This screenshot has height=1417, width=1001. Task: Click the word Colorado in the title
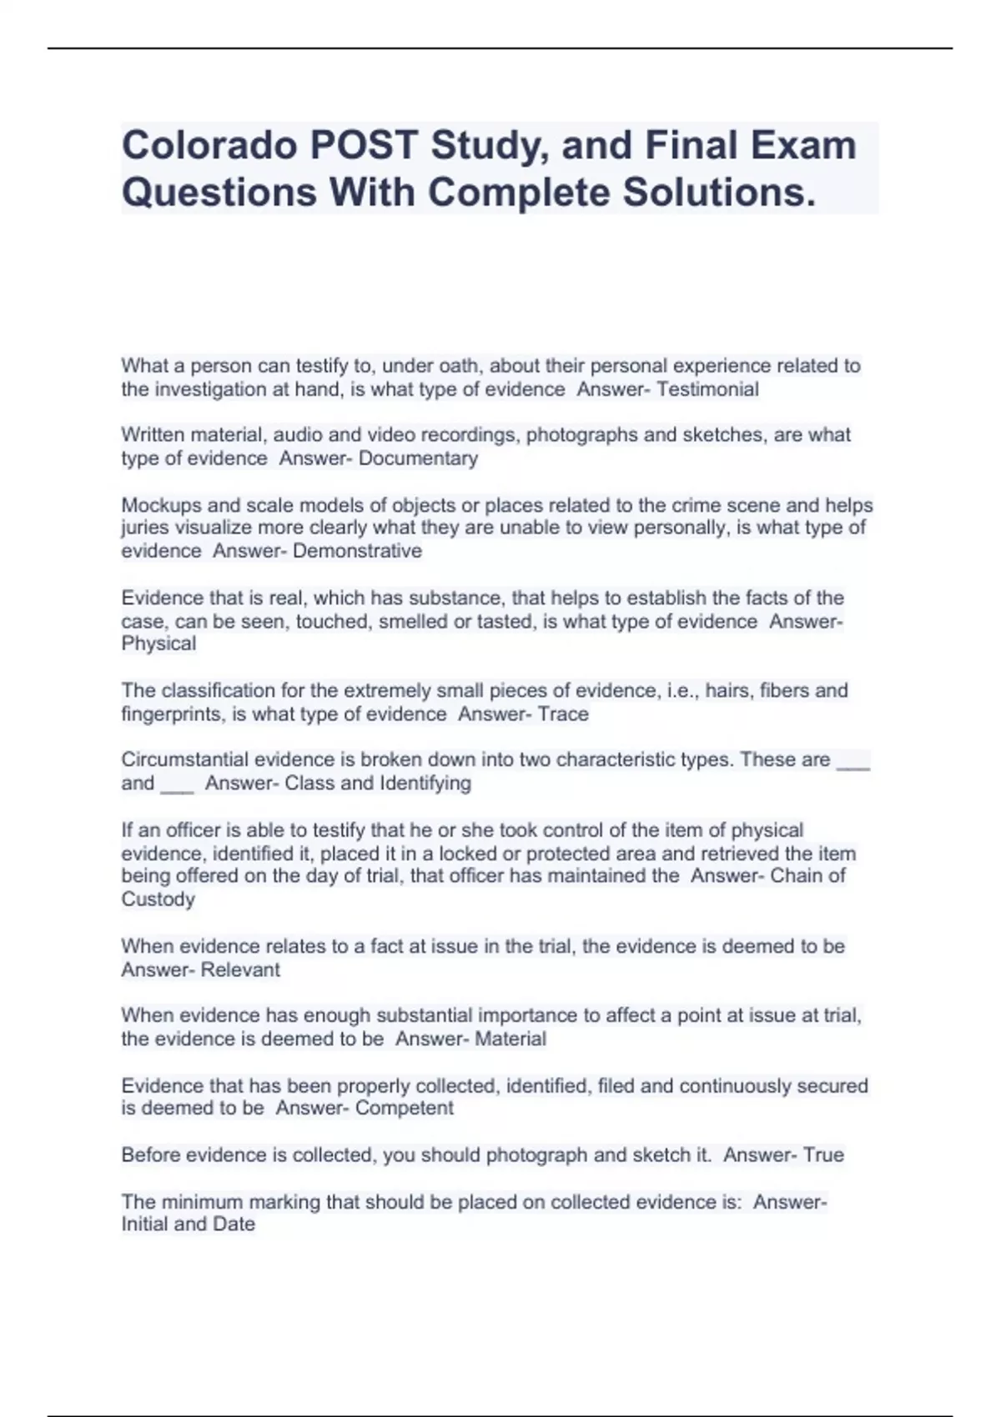click(x=210, y=145)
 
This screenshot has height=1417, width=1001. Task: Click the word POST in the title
click(x=365, y=145)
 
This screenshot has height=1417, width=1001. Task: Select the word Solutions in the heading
click(x=719, y=193)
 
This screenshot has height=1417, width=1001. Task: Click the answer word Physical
click(x=158, y=643)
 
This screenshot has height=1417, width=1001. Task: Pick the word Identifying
click(x=425, y=784)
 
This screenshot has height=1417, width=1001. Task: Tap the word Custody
click(x=158, y=899)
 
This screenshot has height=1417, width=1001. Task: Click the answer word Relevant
click(x=240, y=969)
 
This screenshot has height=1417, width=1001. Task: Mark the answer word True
click(x=823, y=1155)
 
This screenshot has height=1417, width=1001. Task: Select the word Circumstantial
click(x=184, y=760)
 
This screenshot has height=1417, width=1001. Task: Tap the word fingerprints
click(x=174, y=714)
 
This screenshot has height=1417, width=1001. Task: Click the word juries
click(x=143, y=528)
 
